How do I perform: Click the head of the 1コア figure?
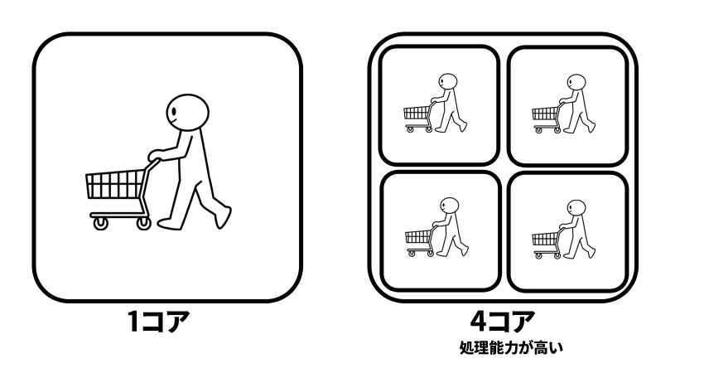[x=187, y=113]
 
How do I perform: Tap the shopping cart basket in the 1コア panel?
[x=115, y=184]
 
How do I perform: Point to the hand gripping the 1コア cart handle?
[x=155, y=155]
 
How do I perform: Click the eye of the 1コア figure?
[x=174, y=110]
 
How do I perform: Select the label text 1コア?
[x=158, y=321]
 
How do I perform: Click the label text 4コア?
[x=503, y=321]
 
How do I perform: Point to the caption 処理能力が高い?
[x=511, y=348]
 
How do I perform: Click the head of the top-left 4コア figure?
[x=447, y=82]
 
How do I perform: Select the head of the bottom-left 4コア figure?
[x=450, y=206]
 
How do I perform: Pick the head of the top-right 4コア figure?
[x=576, y=83]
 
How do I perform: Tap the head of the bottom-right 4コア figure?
[x=576, y=209]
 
